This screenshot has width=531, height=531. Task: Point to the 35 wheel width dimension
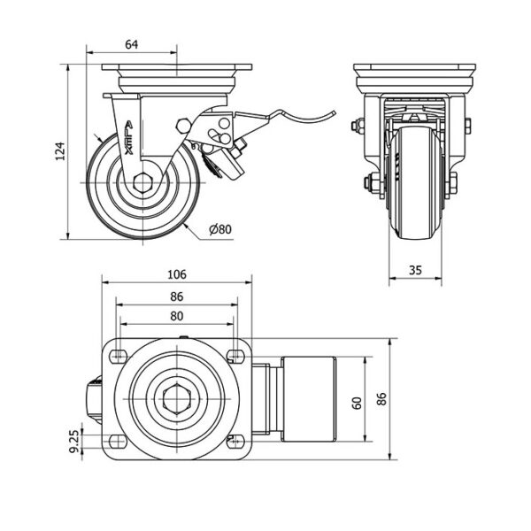tap(416, 271)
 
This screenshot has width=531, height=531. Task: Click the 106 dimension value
tap(177, 273)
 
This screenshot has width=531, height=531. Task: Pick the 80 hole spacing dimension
tap(177, 315)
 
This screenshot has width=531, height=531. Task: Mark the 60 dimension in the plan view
tap(356, 401)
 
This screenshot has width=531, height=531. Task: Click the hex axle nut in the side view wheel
tap(142, 184)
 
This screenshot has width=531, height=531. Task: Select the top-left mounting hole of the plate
tap(115, 357)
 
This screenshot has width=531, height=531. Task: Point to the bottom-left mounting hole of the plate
tap(115, 440)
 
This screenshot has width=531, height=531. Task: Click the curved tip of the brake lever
tap(332, 112)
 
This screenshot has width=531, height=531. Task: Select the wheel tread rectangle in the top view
tap(306, 400)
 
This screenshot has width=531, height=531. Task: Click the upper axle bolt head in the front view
tap(358, 127)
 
